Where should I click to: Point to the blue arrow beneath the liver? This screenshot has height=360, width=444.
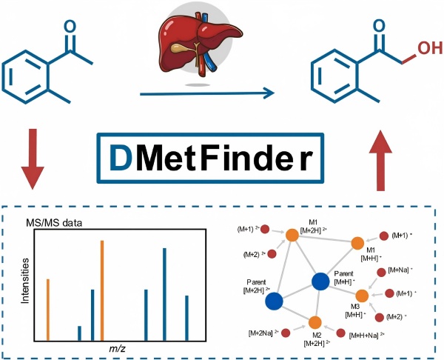pos(206,94)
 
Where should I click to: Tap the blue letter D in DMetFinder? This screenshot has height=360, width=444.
pos(122,157)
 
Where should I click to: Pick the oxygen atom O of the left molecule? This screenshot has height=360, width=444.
pos(69,23)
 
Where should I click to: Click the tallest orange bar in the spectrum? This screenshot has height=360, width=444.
pos(102,290)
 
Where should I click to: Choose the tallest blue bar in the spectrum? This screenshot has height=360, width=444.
pos(164,293)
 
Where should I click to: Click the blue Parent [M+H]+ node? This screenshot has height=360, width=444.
pos(320,281)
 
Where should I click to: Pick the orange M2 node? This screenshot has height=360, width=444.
pos(314,322)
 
